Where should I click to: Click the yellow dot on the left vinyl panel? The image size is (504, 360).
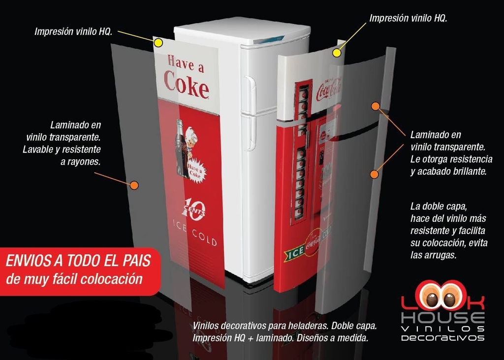(158, 43)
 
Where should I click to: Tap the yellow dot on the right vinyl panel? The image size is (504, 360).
(337, 53)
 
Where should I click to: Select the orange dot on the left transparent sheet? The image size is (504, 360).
(134, 185)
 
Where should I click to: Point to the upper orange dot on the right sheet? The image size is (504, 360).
(376, 106)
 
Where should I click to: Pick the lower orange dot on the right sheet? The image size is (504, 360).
(374, 174)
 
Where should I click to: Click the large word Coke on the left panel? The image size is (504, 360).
(187, 85)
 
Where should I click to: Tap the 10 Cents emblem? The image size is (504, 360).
(193, 209)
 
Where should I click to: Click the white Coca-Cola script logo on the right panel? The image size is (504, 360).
(329, 89)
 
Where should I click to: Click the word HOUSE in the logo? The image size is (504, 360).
(442, 317)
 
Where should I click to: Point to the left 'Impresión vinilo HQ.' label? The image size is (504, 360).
(73, 31)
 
